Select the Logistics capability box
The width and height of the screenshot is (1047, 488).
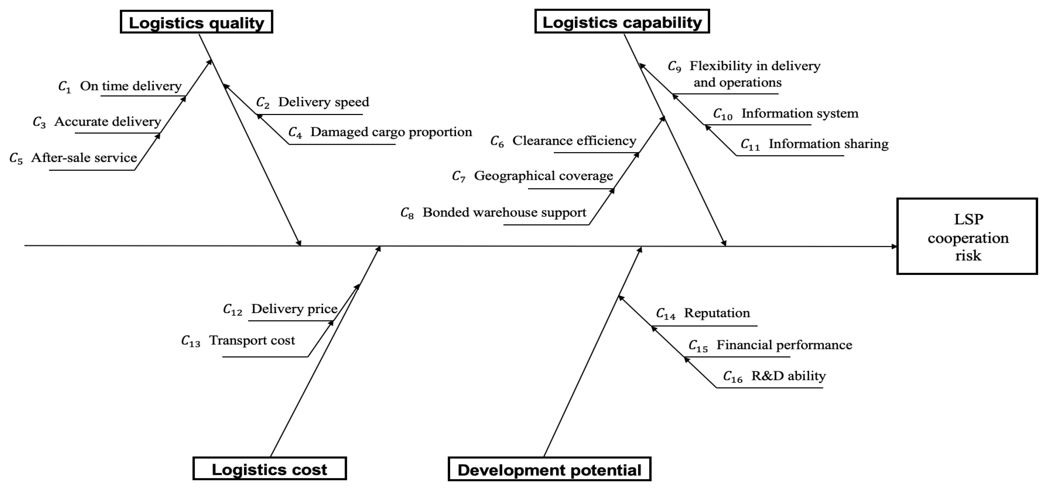point(622,22)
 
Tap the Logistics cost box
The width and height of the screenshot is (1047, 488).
point(269,469)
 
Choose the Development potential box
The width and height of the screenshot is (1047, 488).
point(549,469)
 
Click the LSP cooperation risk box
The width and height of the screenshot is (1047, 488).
point(967,237)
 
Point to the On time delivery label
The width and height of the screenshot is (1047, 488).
point(131,86)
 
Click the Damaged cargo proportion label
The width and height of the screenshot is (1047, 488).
point(391,132)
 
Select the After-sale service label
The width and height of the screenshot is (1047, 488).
point(84,158)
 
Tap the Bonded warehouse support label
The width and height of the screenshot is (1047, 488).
point(504,212)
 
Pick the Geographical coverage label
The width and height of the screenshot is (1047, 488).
point(544,176)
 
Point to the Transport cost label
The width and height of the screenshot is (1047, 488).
point(252,340)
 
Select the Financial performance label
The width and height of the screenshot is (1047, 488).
point(784,345)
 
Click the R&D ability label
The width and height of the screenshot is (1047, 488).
point(788,376)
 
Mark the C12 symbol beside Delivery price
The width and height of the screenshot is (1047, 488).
point(232,310)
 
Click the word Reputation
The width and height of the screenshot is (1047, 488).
point(717,313)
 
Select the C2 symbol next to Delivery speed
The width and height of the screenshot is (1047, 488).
point(262,103)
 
